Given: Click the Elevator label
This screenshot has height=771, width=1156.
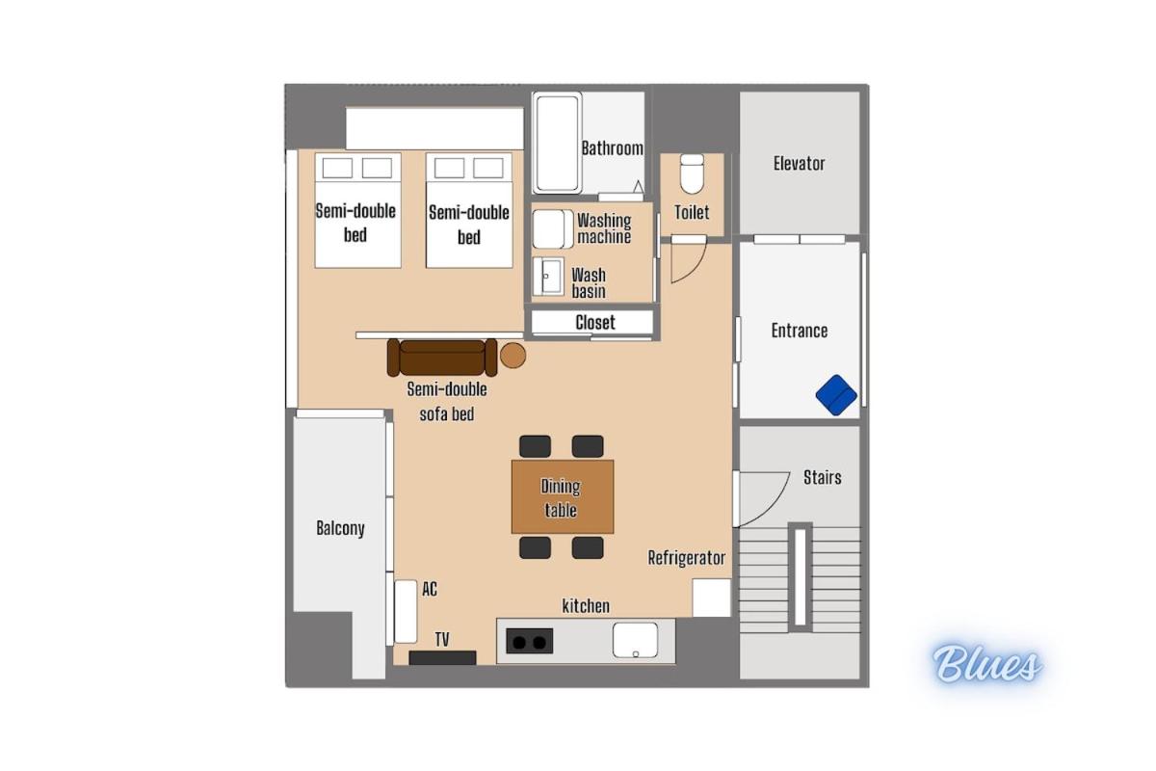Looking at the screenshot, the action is click(x=799, y=164).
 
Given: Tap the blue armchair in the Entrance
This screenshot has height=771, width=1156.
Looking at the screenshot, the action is click(x=836, y=394).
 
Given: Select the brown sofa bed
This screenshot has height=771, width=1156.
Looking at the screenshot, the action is click(x=442, y=358).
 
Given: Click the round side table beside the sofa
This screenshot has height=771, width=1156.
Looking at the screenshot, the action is click(x=512, y=356).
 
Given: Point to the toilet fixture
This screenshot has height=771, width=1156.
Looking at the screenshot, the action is click(x=692, y=173).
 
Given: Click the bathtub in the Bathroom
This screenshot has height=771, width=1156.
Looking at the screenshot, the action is click(x=558, y=144).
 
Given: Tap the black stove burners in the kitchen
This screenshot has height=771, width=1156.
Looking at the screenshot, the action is click(x=530, y=641).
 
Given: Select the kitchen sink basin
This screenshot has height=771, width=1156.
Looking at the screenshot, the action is click(x=635, y=640).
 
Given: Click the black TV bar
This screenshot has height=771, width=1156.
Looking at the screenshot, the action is click(x=442, y=658).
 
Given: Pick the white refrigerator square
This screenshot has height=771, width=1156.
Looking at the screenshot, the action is click(x=712, y=598).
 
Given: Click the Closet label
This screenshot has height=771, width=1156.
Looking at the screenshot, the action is click(x=595, y=323).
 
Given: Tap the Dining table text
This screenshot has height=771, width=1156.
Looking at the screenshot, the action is click(x=561, y=498).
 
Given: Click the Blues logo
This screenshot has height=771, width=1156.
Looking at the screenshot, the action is click(x=986, y=664).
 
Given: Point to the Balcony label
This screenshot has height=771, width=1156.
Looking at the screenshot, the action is click(x=340, y=528).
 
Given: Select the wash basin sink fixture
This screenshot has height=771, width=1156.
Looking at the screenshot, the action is click(x=548, y=277).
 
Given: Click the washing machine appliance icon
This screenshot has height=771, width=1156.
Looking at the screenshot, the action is click(x=553, y=229).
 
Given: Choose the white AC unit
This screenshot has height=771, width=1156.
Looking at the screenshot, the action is click(x=406, y=611).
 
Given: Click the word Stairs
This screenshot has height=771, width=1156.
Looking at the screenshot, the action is click(x=822, y=477).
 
